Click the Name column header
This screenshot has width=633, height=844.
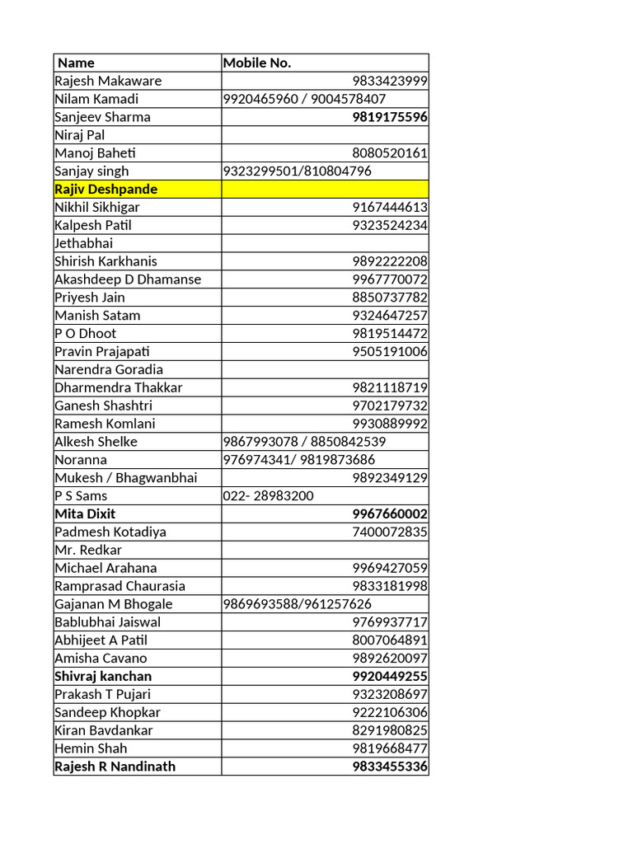coord(76,63)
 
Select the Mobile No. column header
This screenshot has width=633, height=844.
coord(257,63)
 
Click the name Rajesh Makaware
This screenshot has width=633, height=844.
coord(108,81)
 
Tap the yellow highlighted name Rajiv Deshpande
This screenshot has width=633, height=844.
coord(105,189)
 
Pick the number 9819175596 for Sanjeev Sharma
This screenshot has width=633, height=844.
coord(390,117)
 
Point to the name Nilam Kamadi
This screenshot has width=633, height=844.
coord(96,99)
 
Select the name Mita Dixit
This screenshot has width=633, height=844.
coord(85,513)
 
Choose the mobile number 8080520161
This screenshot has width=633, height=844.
coord(390,152)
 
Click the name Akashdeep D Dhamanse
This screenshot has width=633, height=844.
coord(128,279)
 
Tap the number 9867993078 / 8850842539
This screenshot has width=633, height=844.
coord(304,442)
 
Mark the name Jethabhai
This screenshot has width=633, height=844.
coord(83,243)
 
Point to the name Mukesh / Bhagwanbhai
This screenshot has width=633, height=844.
coord(126,478)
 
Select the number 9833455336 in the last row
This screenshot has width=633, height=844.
coord(390,767)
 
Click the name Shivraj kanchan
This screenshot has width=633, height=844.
coord(103,676)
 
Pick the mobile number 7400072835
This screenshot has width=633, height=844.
coord(390,532)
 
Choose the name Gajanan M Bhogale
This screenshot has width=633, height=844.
coord(114,604)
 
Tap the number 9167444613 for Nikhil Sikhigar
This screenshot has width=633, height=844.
coord(390,207)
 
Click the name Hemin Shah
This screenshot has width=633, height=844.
coord(91,748)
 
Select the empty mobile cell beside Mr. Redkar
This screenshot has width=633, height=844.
coord(325,550)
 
